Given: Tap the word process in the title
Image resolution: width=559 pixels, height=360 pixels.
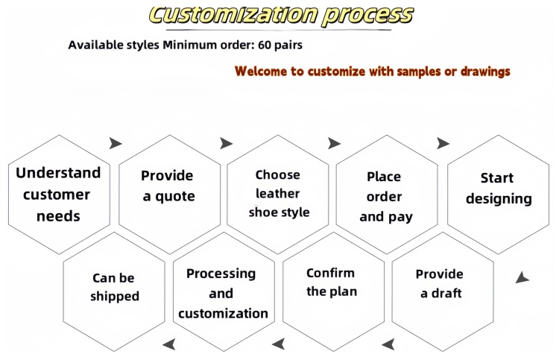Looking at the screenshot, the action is tap(368, 16).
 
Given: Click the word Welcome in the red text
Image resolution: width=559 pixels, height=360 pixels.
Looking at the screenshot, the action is tap(261, 71).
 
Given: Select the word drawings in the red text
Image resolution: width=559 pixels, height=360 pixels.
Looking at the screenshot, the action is tap(485, 72).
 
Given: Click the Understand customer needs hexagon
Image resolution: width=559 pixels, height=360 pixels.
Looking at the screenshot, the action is tap(59, 195).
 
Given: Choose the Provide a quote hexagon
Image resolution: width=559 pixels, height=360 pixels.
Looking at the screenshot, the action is tap(170, 195).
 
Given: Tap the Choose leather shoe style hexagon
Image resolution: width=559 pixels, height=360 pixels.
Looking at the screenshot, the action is tap(278, 195).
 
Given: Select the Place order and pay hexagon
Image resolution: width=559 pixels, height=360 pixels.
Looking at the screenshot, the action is tap(387, 195).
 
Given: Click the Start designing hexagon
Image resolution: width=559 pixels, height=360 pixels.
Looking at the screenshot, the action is tap(498, 195).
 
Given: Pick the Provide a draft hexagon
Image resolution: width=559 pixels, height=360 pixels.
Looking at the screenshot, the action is tap(443, 292).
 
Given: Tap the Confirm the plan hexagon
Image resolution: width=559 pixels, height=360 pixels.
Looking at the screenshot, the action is tap(333, 292).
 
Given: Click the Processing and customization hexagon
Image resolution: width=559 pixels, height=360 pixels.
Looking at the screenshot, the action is tap(224, 292).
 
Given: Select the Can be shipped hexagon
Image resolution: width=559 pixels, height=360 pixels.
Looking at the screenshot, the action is tap(114, 292).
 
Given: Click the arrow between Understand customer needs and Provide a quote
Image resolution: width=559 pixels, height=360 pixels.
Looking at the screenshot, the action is tap(115, 143).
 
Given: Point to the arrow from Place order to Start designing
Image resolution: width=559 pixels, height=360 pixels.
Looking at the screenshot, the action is tap(443, 143).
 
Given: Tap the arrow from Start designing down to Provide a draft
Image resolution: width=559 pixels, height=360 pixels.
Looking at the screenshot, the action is tap(522, 278).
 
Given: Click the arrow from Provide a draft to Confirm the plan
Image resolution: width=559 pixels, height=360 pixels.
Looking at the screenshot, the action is tap(388, 344).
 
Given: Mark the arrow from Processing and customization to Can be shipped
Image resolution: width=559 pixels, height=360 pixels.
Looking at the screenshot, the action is tap(169, 344).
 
